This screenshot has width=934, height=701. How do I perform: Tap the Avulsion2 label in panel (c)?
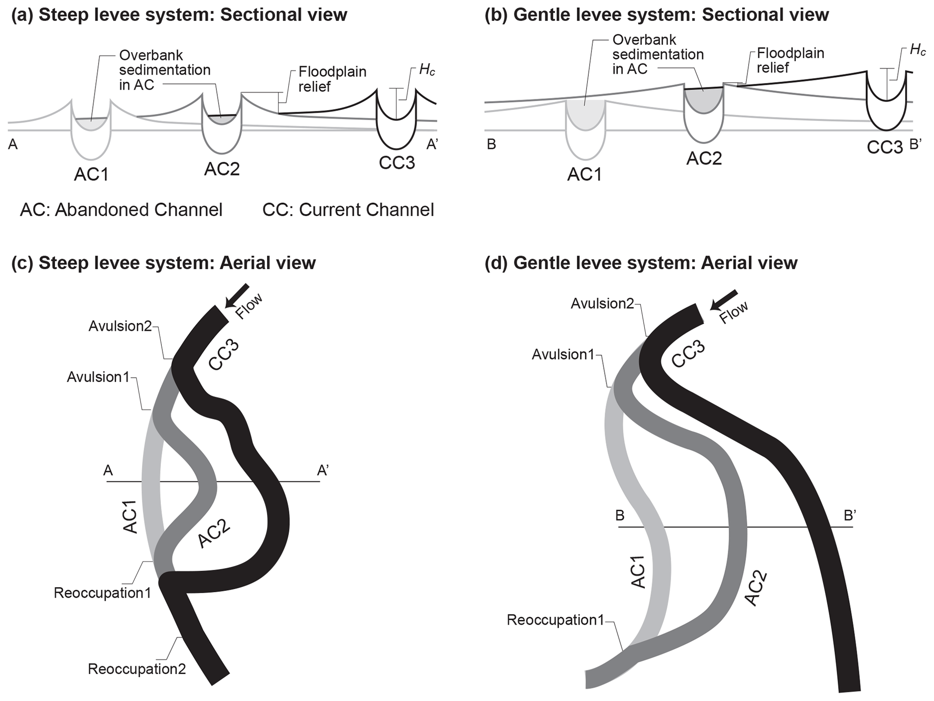click(x=120, y=326)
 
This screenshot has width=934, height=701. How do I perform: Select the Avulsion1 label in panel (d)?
click(x=563, y=355)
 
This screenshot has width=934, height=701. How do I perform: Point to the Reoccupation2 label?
click(x=136, y=669)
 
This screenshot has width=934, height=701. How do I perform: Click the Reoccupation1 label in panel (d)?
click(x=555, y=620)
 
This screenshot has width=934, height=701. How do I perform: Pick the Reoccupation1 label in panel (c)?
click(x=102, y=593)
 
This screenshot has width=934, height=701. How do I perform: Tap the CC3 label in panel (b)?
click(x=884, y=147)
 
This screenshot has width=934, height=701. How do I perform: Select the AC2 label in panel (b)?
click(x=704, y=158)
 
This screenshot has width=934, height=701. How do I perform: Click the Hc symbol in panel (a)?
click(x=427, y=70)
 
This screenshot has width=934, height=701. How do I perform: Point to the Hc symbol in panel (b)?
click(x=917, y=50)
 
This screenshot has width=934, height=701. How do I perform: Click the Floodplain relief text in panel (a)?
click(x=332, y=79)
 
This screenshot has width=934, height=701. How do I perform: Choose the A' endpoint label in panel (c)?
click(x=323, y=471)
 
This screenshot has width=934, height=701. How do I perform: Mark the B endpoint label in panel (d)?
click(x=620, y=515)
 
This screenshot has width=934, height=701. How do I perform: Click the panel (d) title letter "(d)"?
click(x=496, y=263)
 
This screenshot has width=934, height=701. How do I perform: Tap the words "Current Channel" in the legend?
click(x=366, y=210)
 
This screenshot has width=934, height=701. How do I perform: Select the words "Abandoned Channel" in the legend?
click(x=138, y=210)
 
